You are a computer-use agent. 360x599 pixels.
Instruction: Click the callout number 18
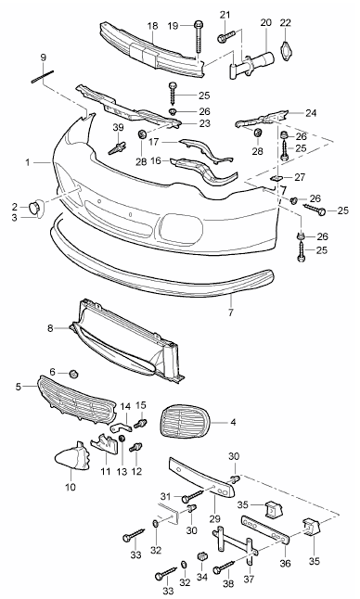152,26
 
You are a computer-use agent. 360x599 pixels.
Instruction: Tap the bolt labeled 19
199,38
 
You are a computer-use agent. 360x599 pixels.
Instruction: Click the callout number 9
44,57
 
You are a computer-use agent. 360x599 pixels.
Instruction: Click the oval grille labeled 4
185,423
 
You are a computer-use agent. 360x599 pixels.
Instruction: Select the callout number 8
50,328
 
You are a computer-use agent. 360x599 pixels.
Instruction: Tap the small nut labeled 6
73,373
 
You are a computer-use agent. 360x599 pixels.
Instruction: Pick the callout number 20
265,22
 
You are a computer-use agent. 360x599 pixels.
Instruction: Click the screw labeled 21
225,37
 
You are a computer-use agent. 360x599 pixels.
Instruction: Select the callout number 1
28,163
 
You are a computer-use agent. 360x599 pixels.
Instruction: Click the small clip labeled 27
276,177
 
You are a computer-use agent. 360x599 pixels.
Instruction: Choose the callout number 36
285,563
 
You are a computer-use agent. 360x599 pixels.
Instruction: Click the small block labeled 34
201,555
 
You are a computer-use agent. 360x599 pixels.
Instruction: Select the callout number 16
156,160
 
